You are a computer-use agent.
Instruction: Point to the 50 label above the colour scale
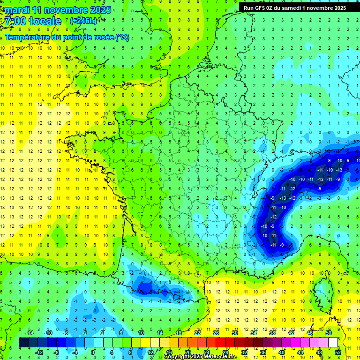(x=328, y=333)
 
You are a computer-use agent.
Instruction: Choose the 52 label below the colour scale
(x=338, y=352)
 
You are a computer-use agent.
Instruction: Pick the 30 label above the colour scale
(x=234, y=333)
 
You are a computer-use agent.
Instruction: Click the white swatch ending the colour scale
(x=333, y=343)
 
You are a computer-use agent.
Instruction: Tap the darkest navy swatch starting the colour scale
(x=23, y=343)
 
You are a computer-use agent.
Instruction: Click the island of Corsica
(x=319, y=289)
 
